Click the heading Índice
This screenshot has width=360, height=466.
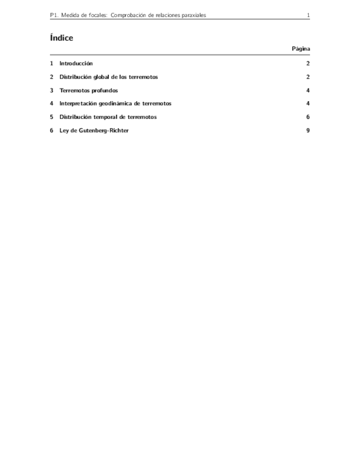[x=61, y=38]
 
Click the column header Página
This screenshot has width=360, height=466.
[x=301, y=49]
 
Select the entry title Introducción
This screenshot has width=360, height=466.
[x=76, y=64]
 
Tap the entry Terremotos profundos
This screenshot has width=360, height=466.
[x=88, y=91]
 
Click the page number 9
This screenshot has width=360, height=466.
[x=308, y=131]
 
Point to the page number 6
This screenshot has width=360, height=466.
[x=308, y=117]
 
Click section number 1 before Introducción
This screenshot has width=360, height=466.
[x=51, y=64]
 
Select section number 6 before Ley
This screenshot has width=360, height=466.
[x=51, y=131]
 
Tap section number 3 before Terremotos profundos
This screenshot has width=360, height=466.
[x=51, y=91]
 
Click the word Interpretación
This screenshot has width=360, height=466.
[x=78, y=104]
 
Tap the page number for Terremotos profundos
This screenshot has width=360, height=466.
[x=308, y=91]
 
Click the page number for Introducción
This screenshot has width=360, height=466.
[x=308, y=64]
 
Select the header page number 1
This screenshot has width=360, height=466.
[x=308, y=15]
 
